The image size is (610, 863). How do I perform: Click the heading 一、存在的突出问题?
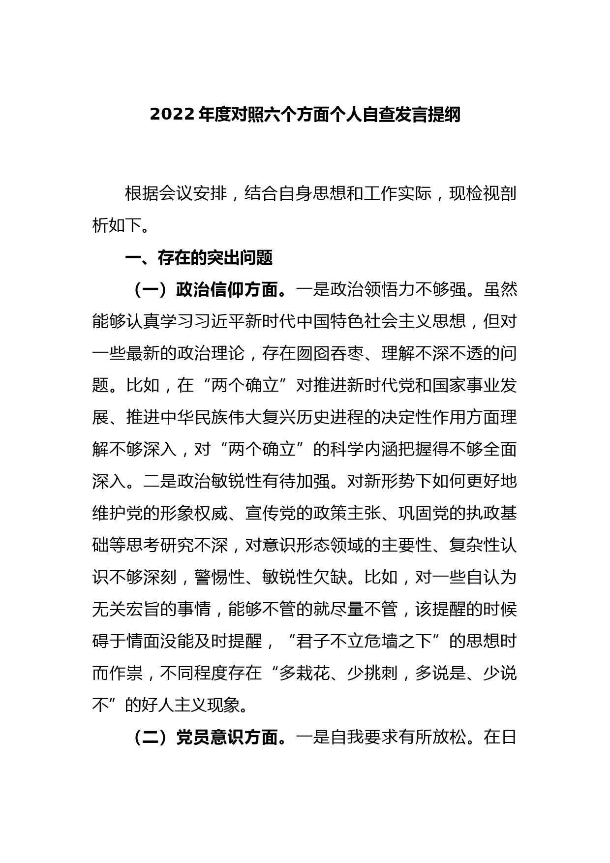(199, 258)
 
